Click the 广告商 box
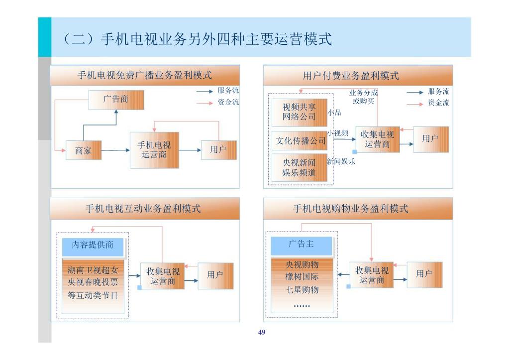click(116, 100)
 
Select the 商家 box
click(84, 150)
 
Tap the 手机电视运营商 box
click(154, 150)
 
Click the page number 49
click(262, 332)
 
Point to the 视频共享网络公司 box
click(299, 112)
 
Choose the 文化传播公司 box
click(301, 141)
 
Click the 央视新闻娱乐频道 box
click(299, 168)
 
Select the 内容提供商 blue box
click(93, 245)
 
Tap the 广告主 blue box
click(302, 244)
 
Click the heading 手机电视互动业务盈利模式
click(143, 209)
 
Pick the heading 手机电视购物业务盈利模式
click(351, 209)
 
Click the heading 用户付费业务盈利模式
click(351, 76)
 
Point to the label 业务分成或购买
click(364, 97)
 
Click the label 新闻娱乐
click(341, 161)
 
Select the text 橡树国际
click(302, 277)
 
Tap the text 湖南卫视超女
click(93, 270)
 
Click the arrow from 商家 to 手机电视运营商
click(115, 150)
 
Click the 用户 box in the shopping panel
click(424, 274)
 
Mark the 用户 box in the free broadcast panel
click(218, 150)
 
